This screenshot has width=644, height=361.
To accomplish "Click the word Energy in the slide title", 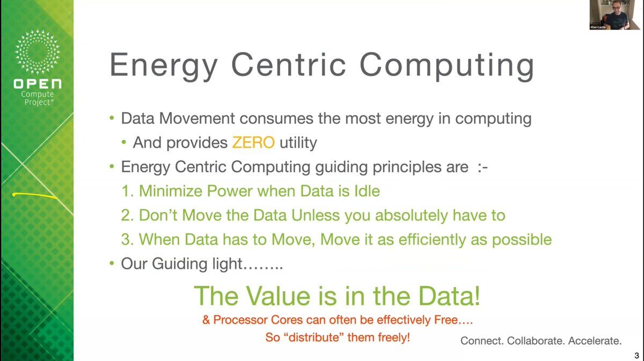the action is pyautogui.click(x=164, y=66).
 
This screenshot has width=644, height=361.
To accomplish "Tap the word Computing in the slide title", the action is pyautogui.click(x=447, y=66).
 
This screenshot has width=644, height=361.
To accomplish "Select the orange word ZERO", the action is pyautogui.click(x=253, y=142).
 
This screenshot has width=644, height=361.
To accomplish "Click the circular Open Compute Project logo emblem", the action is pyautogui.click(x=38, y=51).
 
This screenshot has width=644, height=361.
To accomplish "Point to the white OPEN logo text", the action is pyautogui.click(x=38, y=84).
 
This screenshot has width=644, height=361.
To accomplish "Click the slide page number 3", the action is pyautogui.click(x=636, y=355).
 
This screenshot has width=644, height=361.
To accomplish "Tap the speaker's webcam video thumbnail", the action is pyautogui.click(x=614, y=15).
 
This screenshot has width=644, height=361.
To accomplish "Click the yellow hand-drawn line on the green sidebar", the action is pyautogui.click(x=35, y=195).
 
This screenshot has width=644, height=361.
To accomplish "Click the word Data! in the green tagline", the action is pyautogui.click(x=449, y=296).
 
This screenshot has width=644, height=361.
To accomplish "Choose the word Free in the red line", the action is pyautogui.click(x=445, y=320).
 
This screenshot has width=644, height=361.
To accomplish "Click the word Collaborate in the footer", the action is pyautogui.click(x=533, y=341).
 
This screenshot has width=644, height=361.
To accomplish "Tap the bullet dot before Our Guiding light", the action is pyautogui.click(x=112, y=263).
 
